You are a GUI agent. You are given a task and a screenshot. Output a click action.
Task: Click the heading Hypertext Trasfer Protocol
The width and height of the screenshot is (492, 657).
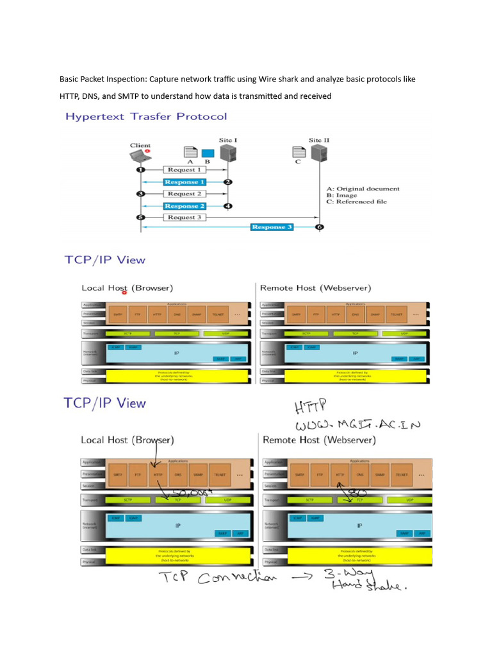[145, 117]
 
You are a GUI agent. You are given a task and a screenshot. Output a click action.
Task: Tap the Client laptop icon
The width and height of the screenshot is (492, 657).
[140, 156]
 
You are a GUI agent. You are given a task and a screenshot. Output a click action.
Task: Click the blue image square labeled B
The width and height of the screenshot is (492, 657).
[208, 153]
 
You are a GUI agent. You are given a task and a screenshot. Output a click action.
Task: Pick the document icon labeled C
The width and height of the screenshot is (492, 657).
[299, 153]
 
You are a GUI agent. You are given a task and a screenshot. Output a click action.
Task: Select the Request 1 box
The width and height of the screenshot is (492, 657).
[184, 170]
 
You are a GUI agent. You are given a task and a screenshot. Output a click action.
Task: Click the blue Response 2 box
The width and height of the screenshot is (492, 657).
[184, 206]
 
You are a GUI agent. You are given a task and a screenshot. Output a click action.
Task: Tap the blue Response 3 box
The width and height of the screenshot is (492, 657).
[272, 227]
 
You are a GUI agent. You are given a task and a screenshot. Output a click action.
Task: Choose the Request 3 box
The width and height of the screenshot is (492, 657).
[184, 218]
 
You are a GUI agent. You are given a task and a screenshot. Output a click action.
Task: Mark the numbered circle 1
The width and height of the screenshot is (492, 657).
[140, 170]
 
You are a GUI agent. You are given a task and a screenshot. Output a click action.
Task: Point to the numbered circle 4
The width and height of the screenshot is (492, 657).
[228, 206]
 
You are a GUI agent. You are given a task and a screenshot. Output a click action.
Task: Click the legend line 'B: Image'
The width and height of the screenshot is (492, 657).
[347, 195]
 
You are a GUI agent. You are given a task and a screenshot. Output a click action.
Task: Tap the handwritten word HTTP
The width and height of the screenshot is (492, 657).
[310, 406]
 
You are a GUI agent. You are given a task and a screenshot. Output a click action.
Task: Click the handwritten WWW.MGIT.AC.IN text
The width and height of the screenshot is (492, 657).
[357, 425]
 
